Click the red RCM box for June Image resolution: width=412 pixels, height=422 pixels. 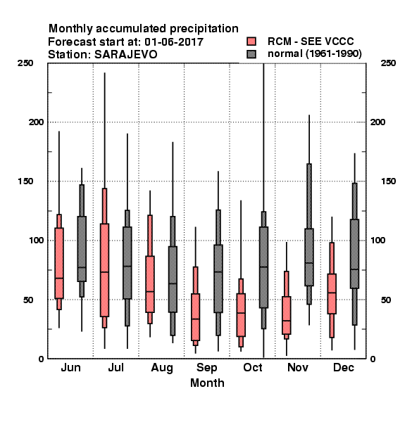point(59,263)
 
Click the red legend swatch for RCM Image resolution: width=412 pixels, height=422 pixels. point(251,41)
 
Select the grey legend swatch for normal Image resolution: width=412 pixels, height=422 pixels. point(251,54)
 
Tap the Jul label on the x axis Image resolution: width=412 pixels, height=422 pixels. point(116,368)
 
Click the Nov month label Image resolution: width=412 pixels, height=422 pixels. point(298,368)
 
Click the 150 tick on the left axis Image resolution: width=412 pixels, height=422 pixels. point(25,181)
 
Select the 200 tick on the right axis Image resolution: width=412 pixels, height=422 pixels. point(377,122)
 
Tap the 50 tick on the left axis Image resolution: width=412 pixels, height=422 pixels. point(28,300)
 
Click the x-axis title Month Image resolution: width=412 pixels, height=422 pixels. point(207,383)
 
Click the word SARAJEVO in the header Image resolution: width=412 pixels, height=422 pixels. point(125,55)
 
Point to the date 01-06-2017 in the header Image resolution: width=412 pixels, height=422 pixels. point(174,42)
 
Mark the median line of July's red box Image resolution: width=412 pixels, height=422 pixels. point(104,272)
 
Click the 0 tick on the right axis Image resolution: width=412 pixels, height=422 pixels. point(373,359)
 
